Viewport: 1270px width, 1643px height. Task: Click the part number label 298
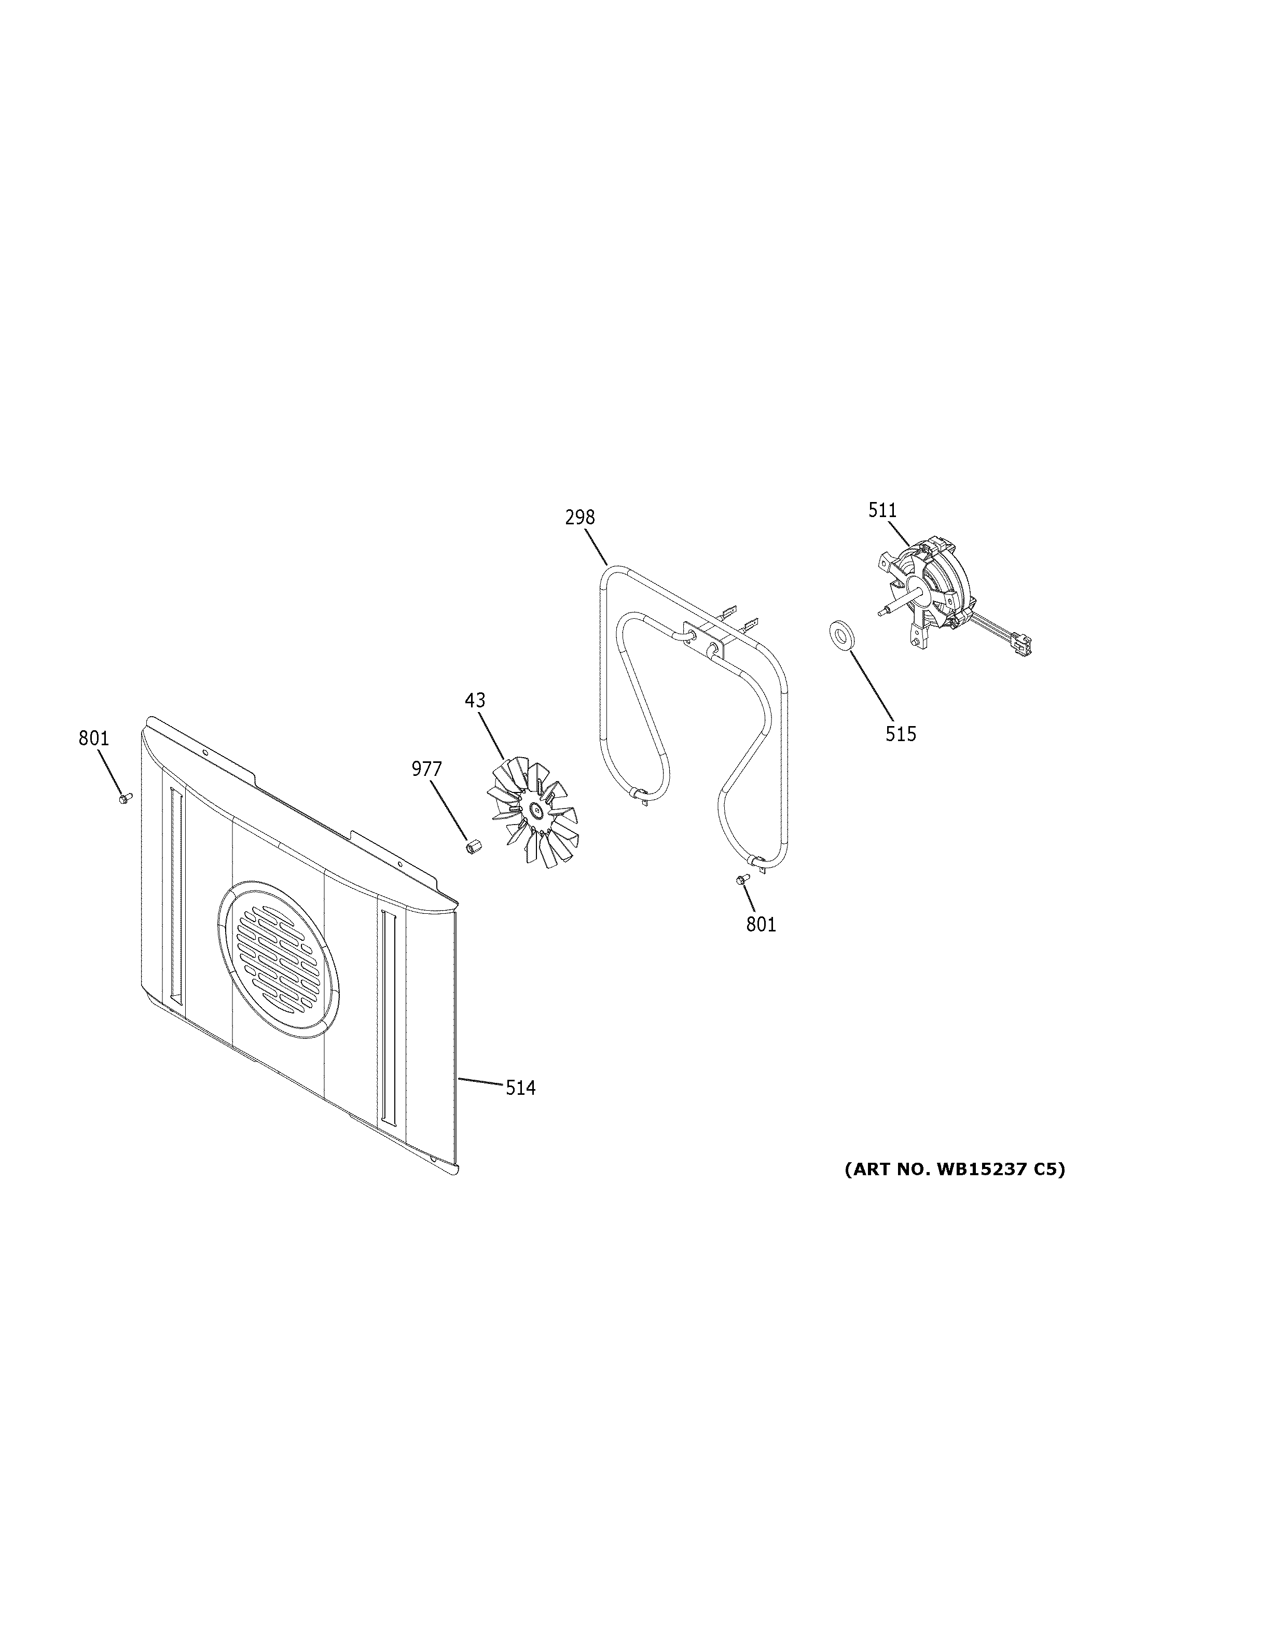pyautogui.click(x=580, y=518)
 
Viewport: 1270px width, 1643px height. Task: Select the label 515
pyautogui.click(x=901, y=734)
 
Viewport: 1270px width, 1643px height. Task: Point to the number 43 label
pyautogui.click(x=475, y=700)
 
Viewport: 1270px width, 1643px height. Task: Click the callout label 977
pyautogui.click(x=426, y=769)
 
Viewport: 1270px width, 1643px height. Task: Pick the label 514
pyautogui.click(x=521, y=1087)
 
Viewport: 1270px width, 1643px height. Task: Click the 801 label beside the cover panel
pyautogui.click(x=94, y=739)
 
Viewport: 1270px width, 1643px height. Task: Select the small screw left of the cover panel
pyautogui.click(x=124, y=798)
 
